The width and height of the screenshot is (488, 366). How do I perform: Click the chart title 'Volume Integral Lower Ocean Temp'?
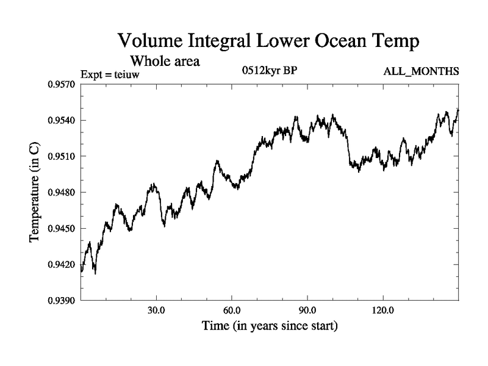click(x=269, y=42)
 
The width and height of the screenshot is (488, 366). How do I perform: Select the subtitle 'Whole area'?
click(x=165, y=61)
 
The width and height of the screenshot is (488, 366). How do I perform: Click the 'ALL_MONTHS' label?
click(x=421, y=72)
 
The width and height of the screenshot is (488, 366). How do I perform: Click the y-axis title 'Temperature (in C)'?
click(x=35, y=192)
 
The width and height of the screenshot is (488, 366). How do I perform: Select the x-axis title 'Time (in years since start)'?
click(x=270, y=326)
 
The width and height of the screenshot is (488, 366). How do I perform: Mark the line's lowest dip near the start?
click(x=95, y=273)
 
